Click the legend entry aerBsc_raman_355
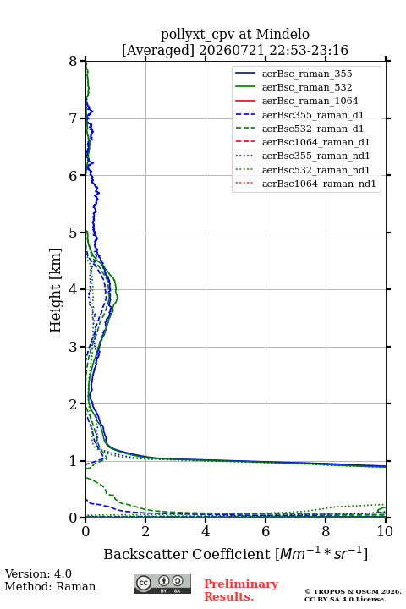coord(307,74)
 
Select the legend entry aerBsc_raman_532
coord(307,87)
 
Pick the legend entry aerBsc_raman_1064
coord(310,101)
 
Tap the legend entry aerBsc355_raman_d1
coord(313,115)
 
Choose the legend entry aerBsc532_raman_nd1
coord(315,170)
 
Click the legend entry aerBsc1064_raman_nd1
coord(319,184)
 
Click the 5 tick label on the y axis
coord(74,233)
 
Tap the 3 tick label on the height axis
coord(74,347)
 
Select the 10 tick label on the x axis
coord(385,531)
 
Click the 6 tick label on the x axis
coord(266,531)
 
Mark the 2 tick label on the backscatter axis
coord(145,531)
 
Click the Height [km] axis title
coord(56,290)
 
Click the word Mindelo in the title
coord(283,34)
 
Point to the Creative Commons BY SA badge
coord(162,584)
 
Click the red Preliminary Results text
coord(241,590)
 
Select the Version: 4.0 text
coord(38,573)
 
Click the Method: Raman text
coord(50,586)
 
